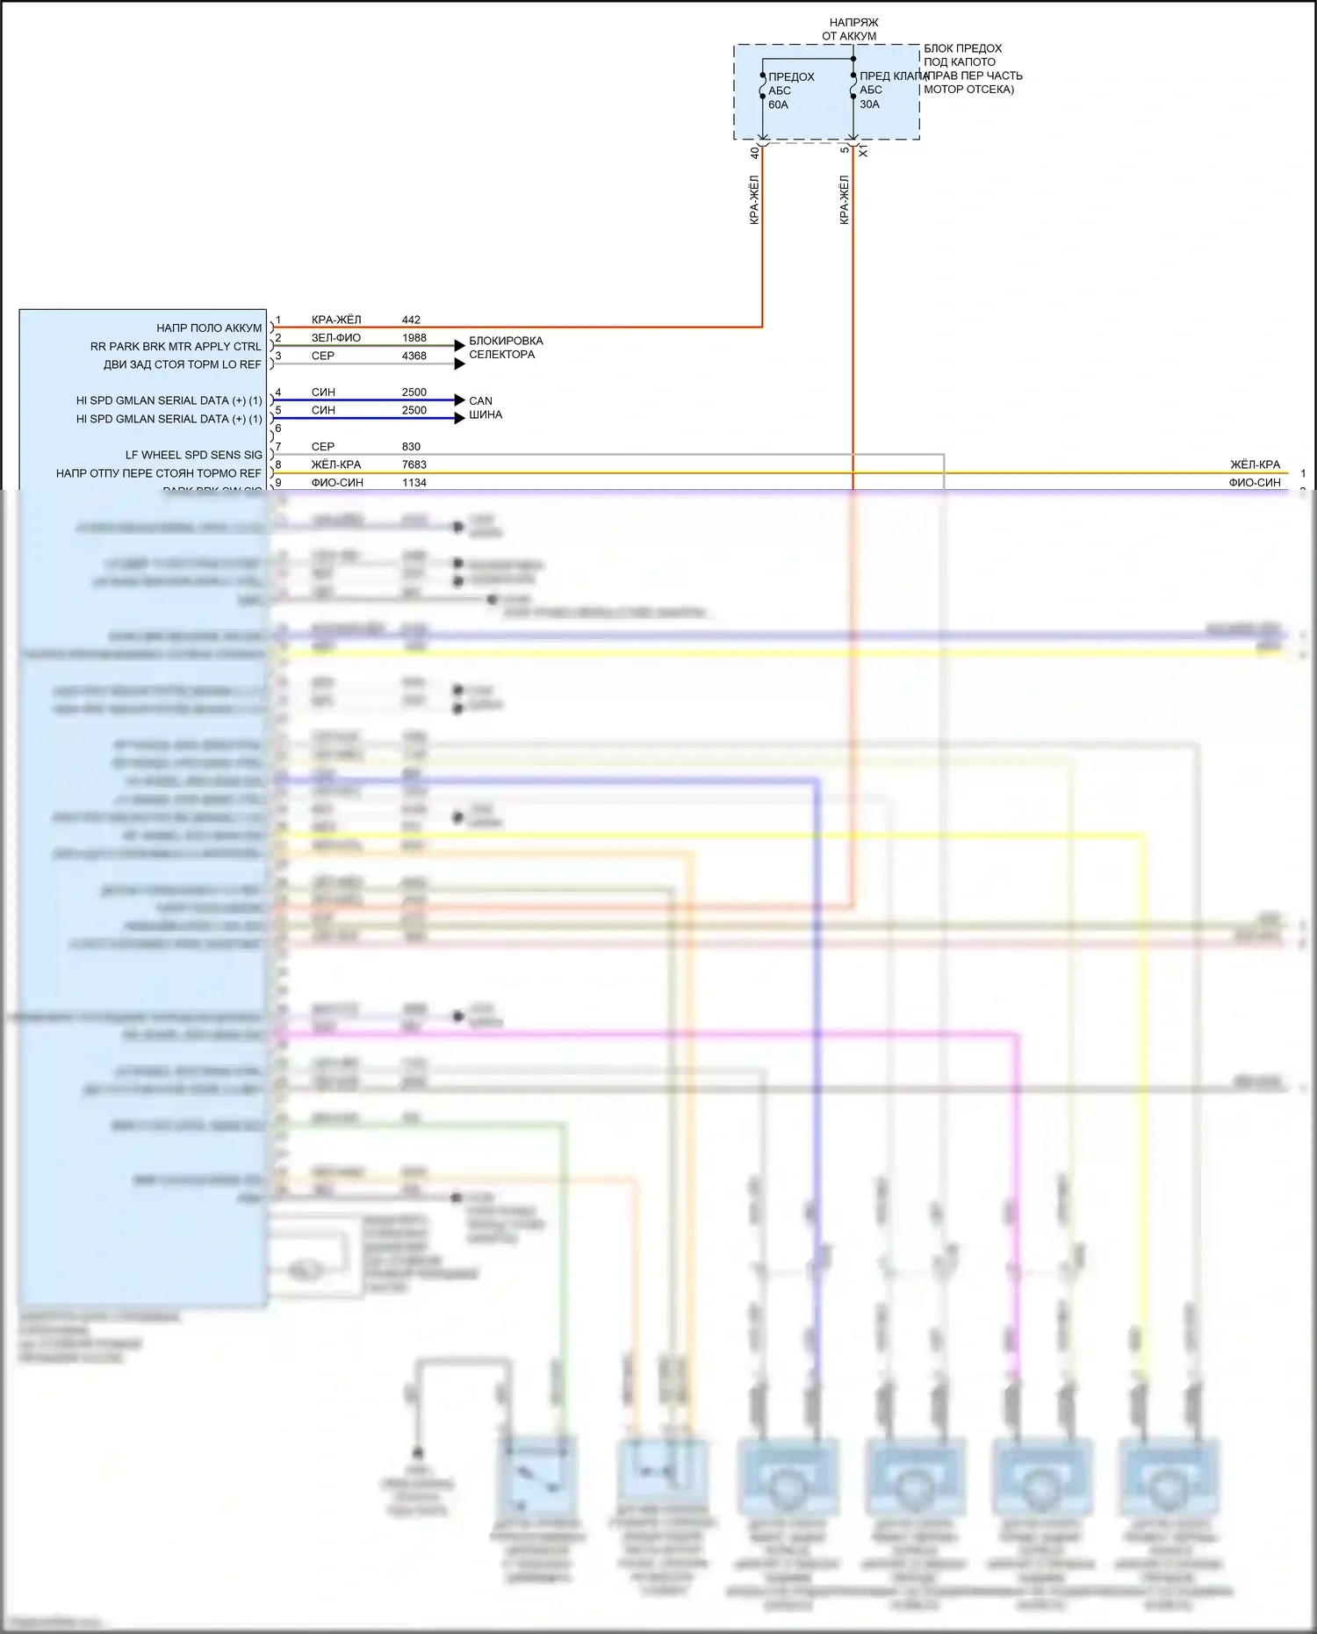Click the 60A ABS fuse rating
click(x=778, y=104)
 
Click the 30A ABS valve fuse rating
click(x=869, y=104)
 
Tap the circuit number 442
click(x=411, y=320)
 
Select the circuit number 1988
click(x=414, y=337)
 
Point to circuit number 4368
click(x=414, y=356)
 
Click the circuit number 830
click(x=411, y=446)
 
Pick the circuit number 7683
click(x=414, y=464)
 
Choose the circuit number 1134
click(x=414, y=482)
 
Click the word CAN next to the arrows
click(x=480, y=400)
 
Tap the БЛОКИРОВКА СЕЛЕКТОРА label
click(x=505, y=347)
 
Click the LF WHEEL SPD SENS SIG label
click(x=193, y=455)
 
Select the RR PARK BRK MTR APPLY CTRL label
click(x=176, y=346)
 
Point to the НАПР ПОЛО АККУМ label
click(x=209, y=328)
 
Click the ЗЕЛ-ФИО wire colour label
click(x=335, y=337)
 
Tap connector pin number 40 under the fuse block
click(x=754, y=152)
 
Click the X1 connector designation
click(x=863, y=152)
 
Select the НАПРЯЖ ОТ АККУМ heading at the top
click(x=853, y=29)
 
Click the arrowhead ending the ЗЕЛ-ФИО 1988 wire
click(x=459, y=346)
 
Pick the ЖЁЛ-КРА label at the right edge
click(x=1255, y=464)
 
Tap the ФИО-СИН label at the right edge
click(x=1255, y=482)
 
